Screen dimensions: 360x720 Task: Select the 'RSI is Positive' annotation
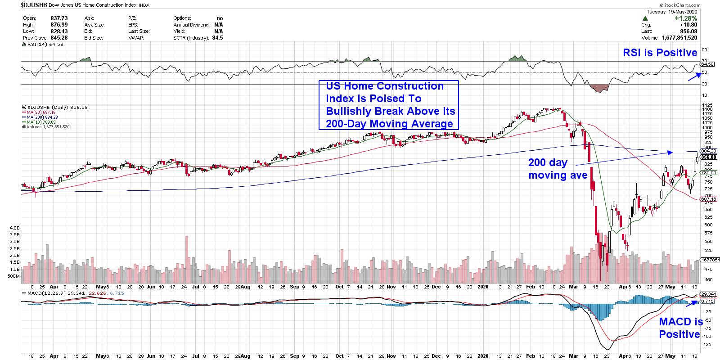click(x=660, y=53)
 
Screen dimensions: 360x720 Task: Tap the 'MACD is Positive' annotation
click(x=680, y=328)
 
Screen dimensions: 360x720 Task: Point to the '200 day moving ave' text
click(x=558, y=169)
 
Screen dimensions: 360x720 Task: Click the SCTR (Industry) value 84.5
click(x=219, y=38)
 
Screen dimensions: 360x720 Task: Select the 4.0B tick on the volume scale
click(x=15, y=228)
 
